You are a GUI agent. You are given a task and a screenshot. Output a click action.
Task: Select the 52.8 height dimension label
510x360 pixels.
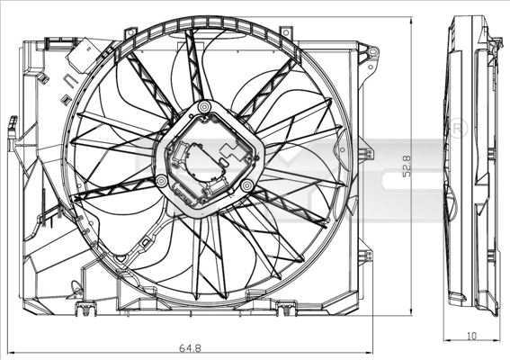(x=407, y=166)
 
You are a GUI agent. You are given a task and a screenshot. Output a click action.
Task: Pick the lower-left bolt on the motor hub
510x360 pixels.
(x=161, y=182)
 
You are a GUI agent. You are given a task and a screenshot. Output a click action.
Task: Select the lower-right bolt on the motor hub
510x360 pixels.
(x=245, y=185)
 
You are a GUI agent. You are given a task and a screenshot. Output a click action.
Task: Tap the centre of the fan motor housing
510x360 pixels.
(x=208, y=159)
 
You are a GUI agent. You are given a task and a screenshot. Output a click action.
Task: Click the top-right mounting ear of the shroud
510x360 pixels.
(x=368, y=55)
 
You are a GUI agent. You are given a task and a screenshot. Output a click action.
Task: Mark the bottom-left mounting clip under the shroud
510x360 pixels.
(x=85, y=312)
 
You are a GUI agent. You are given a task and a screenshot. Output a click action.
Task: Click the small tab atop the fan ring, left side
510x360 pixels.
(x=130, y=33)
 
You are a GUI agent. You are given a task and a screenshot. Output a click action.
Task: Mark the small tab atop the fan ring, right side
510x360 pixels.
(x=286, y=33)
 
